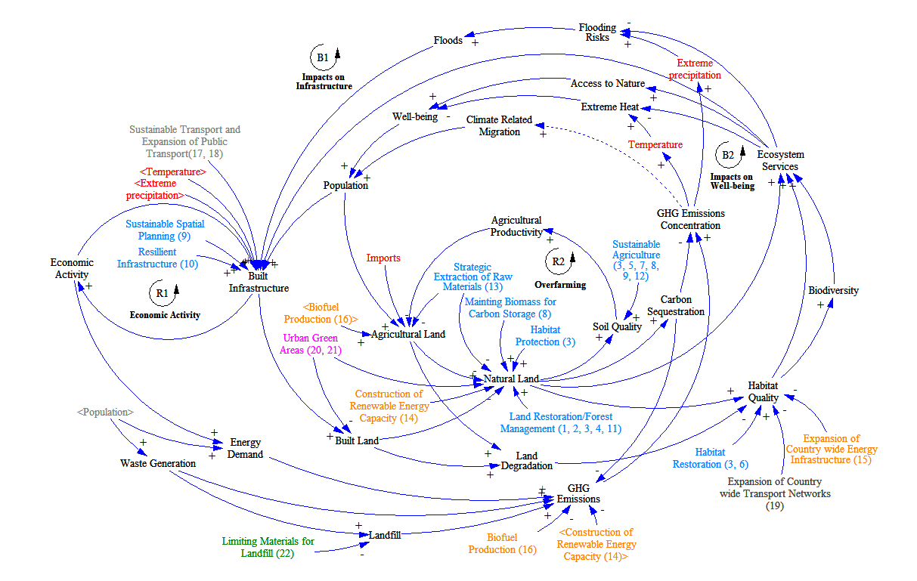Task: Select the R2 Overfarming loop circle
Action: point(559,261)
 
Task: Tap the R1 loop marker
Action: point(163,292)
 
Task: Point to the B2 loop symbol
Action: point(728,156)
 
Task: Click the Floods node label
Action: point(448,40)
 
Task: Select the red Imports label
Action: point(383,258)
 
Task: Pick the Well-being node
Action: point(414,116)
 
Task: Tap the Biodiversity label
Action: point(833,290)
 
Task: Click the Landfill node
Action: point(384,535)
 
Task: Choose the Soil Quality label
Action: point(617,326)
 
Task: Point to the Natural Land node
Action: point(511,378)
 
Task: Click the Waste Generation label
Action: point(157,463)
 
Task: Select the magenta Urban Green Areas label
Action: point(310,344)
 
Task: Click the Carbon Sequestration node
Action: point(681,305)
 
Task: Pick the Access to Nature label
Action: point(607,83)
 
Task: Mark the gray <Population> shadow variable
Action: point(105,413)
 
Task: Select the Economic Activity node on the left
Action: point(72,268)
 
